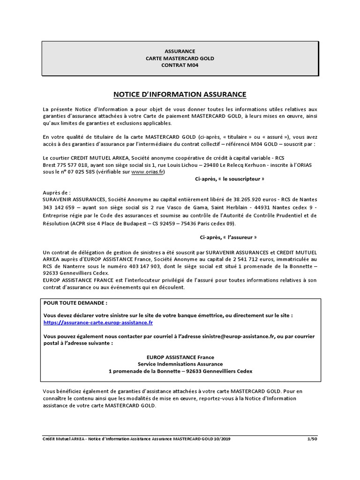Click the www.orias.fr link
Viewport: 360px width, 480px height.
pyautogui.click(x=148, y=172)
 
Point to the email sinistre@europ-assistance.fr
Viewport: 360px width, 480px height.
pyautogui.click(x=242, y=336)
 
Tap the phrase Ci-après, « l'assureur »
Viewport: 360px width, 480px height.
pyautogui.click(x=228, y=237)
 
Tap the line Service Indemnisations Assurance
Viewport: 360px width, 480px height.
pyautogui.click(x=180, y=364)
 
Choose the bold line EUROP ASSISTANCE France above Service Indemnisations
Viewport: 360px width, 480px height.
pyautogui.click(x=180, y=357)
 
